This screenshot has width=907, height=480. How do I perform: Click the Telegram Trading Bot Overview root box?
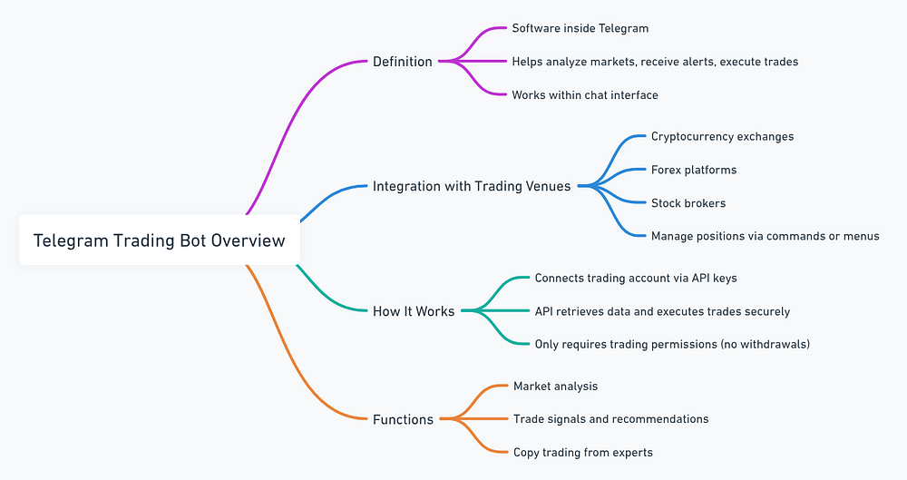(x=159, y=240)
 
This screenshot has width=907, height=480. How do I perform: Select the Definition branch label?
(x=402, y=62)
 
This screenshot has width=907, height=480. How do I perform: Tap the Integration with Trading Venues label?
(x=472, y=186)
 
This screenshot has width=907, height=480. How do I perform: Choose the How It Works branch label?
(x=414, y=311)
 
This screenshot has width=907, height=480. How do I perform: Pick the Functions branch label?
(x=403, y=419)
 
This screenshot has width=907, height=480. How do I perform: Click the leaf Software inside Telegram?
(x=580, y=28)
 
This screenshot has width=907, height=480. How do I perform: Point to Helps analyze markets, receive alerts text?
(x=654, y=62)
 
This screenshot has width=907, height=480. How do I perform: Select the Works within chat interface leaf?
(x=584, y=94)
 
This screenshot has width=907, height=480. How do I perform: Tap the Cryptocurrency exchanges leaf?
(x=722, y=136)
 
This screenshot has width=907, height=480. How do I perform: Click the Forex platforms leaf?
(x=693, y=170)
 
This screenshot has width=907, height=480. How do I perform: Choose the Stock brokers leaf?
(x=688, y=202)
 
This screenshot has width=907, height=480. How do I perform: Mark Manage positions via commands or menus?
(x=765, y=236)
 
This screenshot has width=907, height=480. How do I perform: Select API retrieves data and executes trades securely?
(x=661, y=311)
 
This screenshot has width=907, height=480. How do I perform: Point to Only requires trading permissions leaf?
(x=671, y=344)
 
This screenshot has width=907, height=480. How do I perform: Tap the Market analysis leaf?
(x=555, y=386)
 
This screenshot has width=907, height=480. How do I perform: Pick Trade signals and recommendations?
(x=610, y=418)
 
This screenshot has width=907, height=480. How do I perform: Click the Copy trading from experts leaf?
(x=582, y=452)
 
